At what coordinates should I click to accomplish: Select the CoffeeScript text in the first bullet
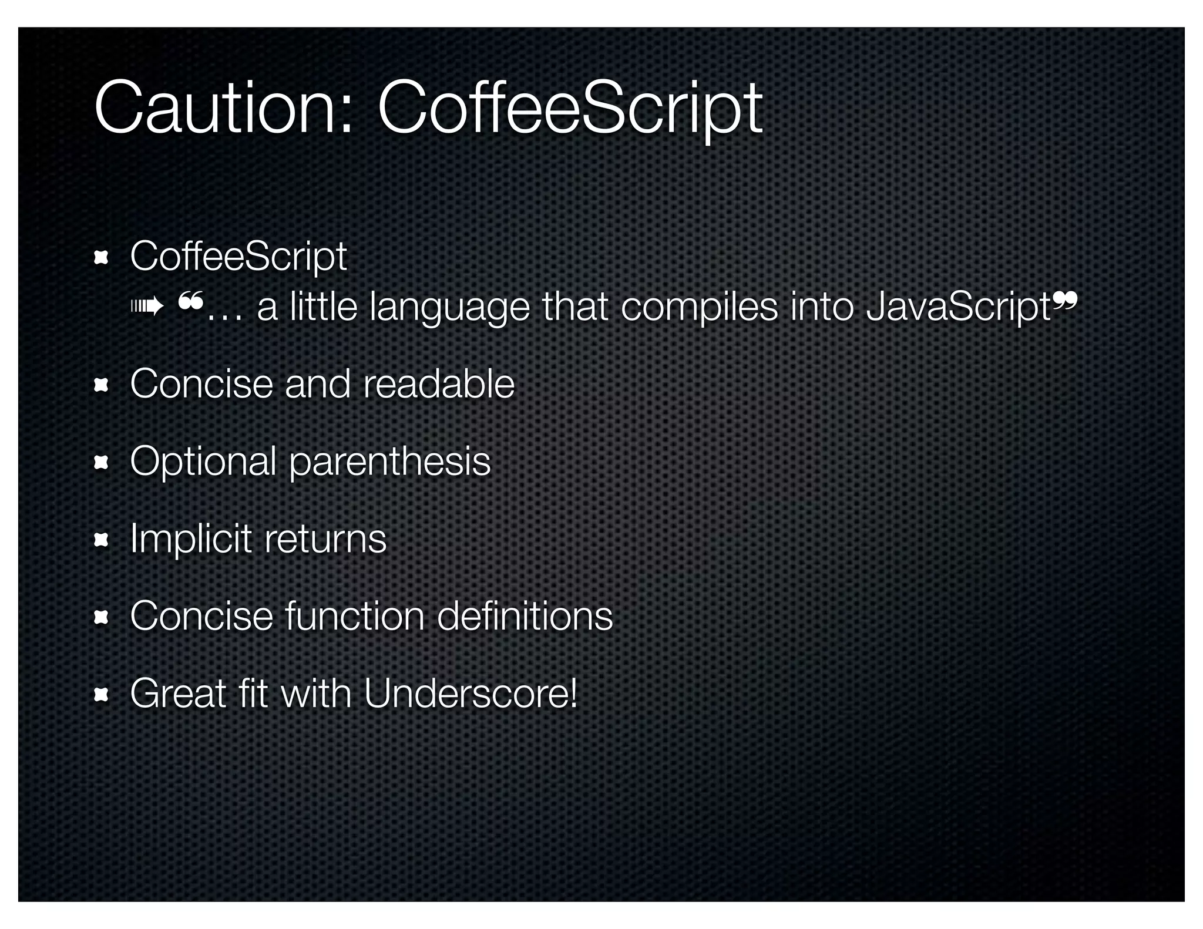tap(238, 257)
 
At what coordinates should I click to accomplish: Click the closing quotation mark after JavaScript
tap(1064, 302)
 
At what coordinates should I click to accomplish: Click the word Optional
tap(203, 462)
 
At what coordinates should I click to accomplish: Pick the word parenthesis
tap(389, 462)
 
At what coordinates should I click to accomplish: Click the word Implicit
tap(191, 538)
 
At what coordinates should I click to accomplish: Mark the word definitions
tap(525, 616)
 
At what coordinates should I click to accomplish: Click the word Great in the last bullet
tap(179, 694)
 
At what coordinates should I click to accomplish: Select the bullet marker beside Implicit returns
tap(102, 540)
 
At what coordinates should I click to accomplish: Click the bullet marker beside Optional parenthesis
tap(102, 463)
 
